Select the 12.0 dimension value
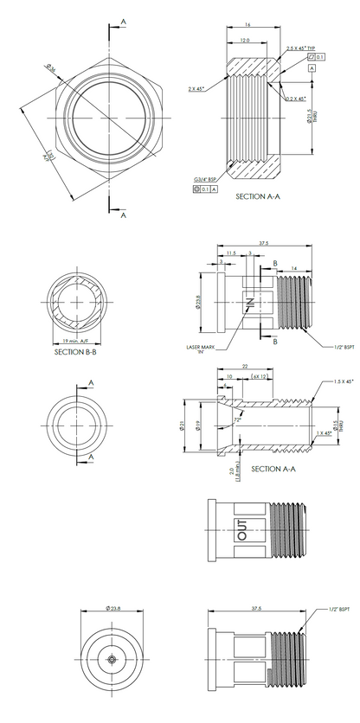245,40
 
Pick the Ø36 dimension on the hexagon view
51,69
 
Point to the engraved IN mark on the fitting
251,303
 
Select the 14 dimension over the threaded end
297,270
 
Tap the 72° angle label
236,419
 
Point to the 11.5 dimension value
231,253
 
